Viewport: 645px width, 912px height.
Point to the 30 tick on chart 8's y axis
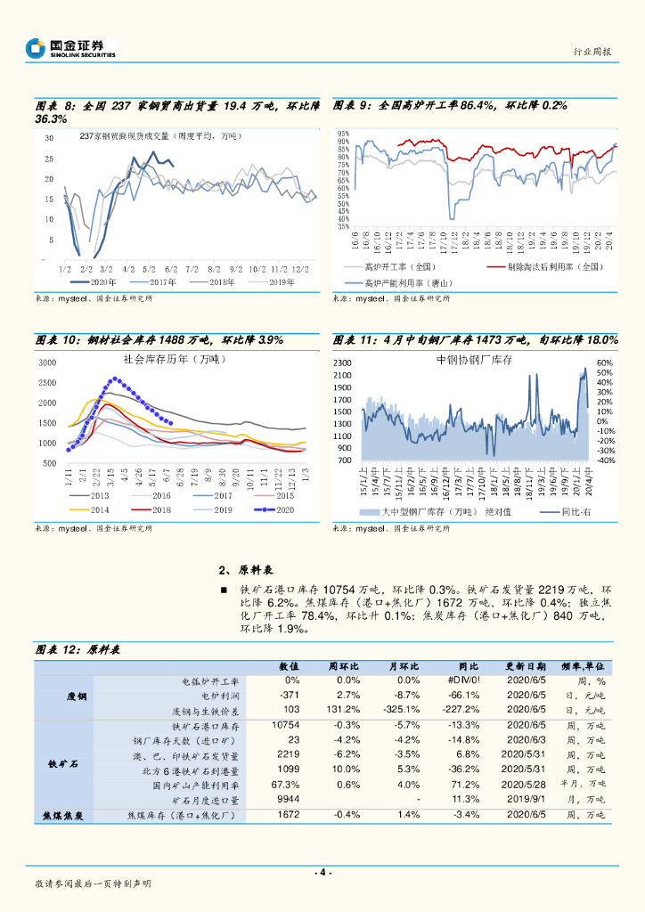(x=49, y=138)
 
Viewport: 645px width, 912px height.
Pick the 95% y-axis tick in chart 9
(x=343, y=134)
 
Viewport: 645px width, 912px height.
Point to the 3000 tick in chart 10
(x=48, y=362)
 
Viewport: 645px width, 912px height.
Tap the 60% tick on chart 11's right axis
(x=605, y=363)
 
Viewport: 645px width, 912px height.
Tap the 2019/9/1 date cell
(x=523, y=800)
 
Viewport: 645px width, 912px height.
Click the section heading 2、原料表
(x=245, y=570)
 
